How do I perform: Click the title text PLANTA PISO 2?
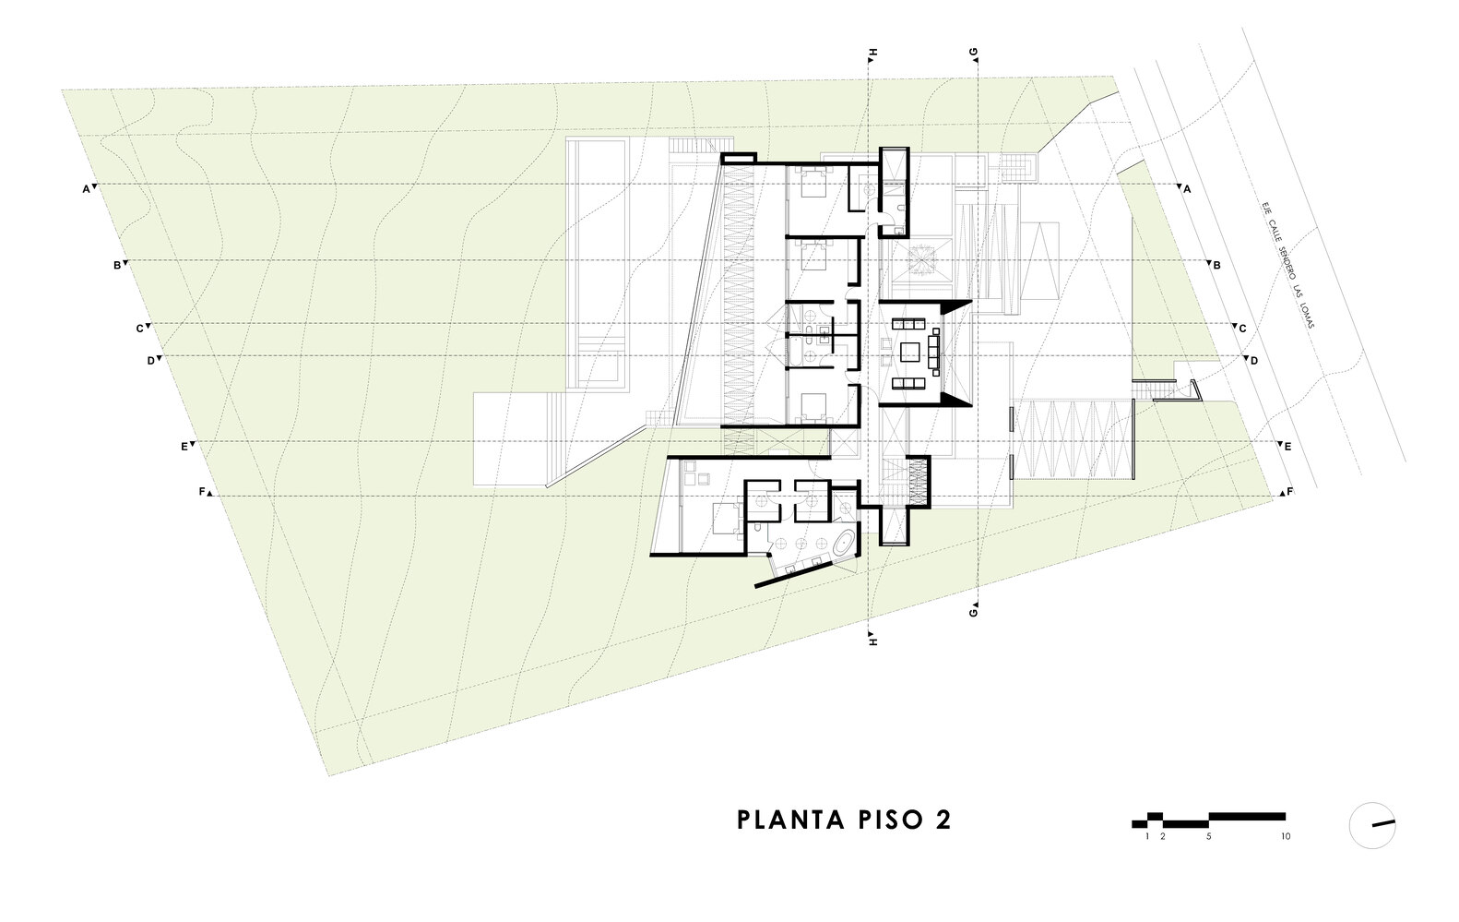[x=844, y=820]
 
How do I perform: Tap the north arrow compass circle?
[x=1372, y=824]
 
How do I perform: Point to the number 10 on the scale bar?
[x=1285, y=837]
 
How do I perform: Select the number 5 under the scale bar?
[x=1208, y=837]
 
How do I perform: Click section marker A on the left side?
[x=86, y=189]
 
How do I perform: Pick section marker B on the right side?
[x=1216, y=265]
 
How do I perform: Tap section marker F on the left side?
[x=202, y=492]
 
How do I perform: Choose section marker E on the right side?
[x=1287, y=446]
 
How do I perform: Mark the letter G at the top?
[x=974, y=53]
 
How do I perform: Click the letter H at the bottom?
[x=872, y=637]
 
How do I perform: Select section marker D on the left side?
[x=150, y=361]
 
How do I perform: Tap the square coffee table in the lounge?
[x=910, y=352]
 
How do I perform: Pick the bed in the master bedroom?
[x=724, y=520]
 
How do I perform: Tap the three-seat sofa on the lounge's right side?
[x=935, y=351]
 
